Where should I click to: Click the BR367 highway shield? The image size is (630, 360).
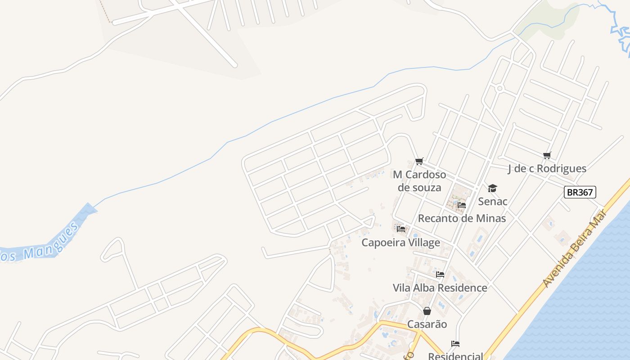580,192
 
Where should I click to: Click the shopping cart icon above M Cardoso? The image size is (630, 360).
419,161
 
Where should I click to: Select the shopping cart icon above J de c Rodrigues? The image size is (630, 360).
547,156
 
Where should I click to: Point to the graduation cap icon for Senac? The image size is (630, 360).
492,188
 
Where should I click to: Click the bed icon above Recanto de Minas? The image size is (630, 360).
462,205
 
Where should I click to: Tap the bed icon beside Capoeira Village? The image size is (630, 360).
401,229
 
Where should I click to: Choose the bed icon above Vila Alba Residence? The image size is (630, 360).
440,274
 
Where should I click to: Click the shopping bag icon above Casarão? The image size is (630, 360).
427,311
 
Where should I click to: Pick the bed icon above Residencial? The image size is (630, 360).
455,344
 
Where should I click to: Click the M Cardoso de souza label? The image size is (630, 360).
419,180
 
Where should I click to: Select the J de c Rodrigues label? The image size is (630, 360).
547,168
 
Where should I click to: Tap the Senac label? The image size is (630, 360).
493,201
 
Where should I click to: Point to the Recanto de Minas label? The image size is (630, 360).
462,218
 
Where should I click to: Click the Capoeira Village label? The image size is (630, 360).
401,243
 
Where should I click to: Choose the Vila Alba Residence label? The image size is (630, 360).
440,288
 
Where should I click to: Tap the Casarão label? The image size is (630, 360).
427,324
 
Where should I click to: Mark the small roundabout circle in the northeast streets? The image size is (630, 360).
499,88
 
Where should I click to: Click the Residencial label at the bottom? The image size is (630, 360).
455,356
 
